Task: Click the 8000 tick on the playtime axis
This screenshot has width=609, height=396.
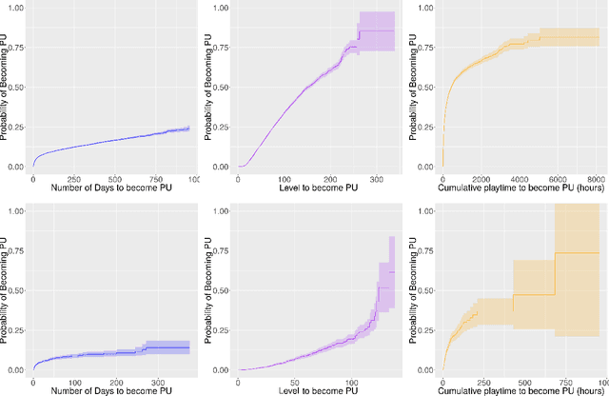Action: (x=589, y=179)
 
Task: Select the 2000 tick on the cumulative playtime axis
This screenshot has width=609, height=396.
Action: (x=479, y=179)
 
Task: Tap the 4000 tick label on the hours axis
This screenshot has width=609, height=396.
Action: (x=515, y=179)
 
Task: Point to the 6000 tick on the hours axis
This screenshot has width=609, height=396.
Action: (x=552, y=179)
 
